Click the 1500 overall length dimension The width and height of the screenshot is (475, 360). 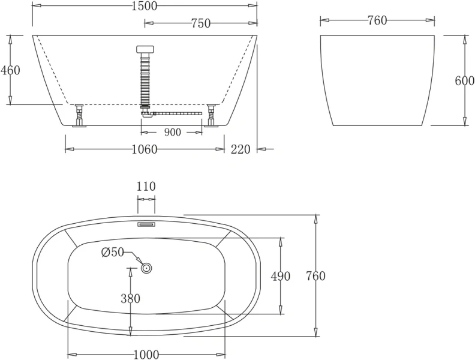pyautogui.click(x=144, y=6)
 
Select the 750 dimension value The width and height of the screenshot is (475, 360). pyautogui.click(x=200, y=23)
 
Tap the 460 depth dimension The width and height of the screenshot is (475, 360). pyautogui.click(x=10, y=70)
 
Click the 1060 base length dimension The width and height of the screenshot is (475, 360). pyautogui.click(x=144, y=149)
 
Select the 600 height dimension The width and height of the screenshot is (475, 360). pyautogui.click(x=464, y=81)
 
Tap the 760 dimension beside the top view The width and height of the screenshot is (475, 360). pyautogui.click(x=315, y=276)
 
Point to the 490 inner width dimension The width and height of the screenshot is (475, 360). pyautogui.click(x=280, y=276)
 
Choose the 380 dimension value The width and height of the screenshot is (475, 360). pyautogui.click(x=130, y=298)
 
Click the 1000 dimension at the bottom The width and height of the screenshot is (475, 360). pyautogui.click(x=146, y=355)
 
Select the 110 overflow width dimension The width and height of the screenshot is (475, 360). pyautogui.click(x=146, y=187)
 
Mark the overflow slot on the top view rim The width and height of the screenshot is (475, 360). pyautogui.click(x=146, y=224)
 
